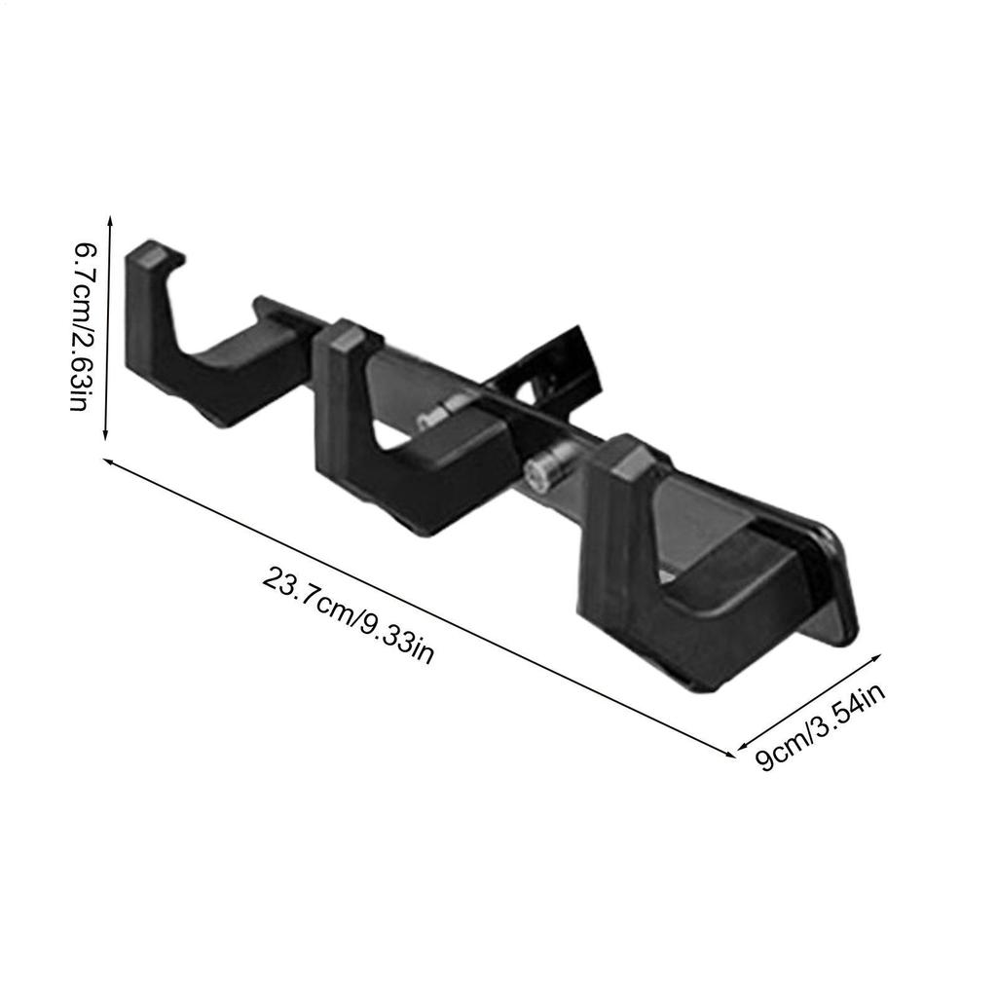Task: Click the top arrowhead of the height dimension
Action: tap(110, 220)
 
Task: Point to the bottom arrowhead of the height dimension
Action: tap(105, 435)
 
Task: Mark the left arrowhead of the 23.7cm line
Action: tap(109, 461)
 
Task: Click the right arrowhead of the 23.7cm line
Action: tap(729, 754)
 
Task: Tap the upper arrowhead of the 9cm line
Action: tap(875, 657)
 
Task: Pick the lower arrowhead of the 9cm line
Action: tap(744, 746)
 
